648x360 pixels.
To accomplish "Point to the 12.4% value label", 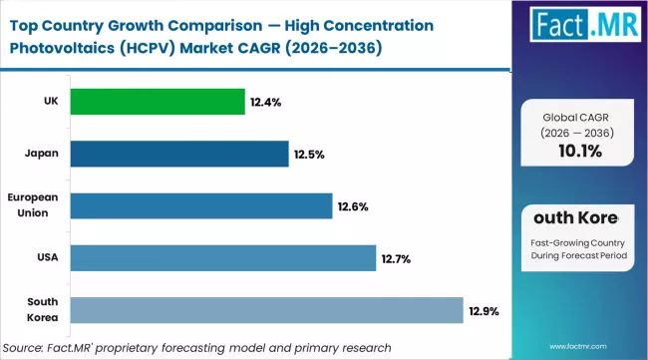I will point(266,103).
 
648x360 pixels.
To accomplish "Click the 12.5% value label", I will point(309,155).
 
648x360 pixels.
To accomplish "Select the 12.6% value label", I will point(353,206).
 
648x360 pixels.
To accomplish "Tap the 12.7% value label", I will point(396,259).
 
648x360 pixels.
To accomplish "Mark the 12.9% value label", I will point(484,311).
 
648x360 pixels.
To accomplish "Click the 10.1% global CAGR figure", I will point(580,150).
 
